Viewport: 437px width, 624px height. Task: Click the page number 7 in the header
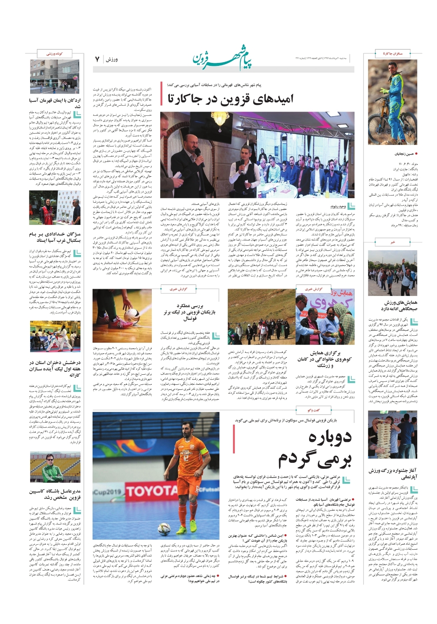[x=97, y=59]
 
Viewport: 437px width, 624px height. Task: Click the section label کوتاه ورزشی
[x=55, y=54]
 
